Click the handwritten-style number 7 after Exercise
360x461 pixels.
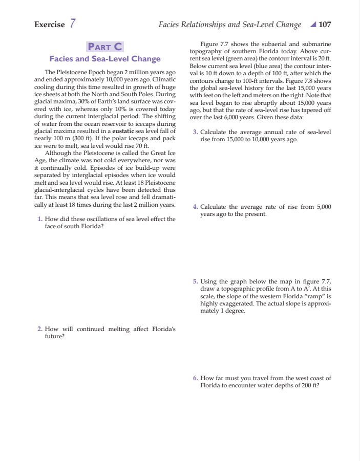point(73,24)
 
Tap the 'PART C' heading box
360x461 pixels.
point(105,47)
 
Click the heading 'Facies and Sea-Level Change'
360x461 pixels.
point(105,59)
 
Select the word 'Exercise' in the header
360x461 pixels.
point(49,25)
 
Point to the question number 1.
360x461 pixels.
point(40,219)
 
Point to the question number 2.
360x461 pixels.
point(40,329)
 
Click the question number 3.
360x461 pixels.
point(195,133)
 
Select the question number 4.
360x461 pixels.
point(195,207)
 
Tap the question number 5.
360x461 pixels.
point(195,281)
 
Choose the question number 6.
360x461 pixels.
point(195,378)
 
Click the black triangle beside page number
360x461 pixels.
point(313,24)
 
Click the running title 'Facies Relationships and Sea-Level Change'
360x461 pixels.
point(230,24)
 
